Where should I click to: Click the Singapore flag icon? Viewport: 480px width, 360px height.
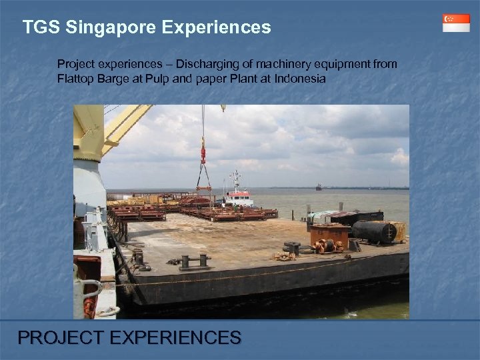[x=456, y=23]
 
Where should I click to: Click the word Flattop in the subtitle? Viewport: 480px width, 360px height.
[x=75, y=79]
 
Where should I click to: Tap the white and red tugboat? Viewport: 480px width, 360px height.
[x=238, y=198]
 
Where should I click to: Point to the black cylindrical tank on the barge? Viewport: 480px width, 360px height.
[x=374, y=231]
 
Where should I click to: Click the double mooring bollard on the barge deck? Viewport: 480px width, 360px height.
[x=194, y=261]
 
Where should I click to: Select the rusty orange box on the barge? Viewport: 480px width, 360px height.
[x=329, y=235]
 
